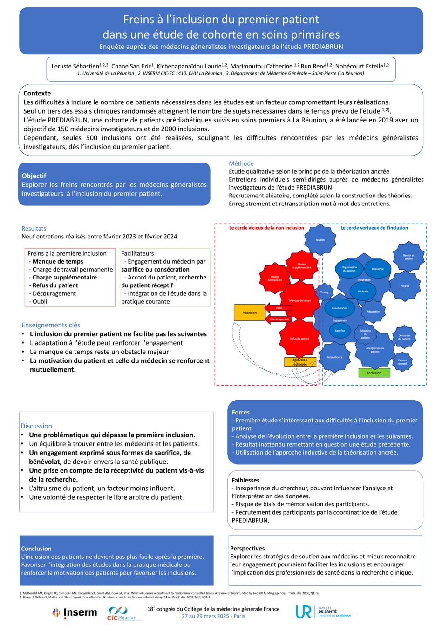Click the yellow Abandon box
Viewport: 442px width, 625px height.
249,312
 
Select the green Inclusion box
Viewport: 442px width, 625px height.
374,373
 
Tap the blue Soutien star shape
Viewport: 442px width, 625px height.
320,240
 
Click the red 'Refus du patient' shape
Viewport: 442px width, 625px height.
299,339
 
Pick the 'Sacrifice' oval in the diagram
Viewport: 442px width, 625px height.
340,331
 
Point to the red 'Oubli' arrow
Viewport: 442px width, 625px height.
279,308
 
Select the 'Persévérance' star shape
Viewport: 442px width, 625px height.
334,357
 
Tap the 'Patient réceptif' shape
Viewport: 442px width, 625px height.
402,361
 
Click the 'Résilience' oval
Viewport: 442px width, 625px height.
378,269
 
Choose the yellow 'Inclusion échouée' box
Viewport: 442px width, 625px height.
300,362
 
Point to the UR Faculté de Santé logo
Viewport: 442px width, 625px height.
323,612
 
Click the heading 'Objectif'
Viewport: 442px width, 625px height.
34,176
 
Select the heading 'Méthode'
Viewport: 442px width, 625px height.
241,163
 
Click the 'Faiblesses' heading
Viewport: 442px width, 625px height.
245,480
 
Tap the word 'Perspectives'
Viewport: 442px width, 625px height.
247,549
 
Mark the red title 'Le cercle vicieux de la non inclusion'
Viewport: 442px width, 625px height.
266,228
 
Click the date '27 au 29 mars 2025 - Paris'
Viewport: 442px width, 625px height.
213,616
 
